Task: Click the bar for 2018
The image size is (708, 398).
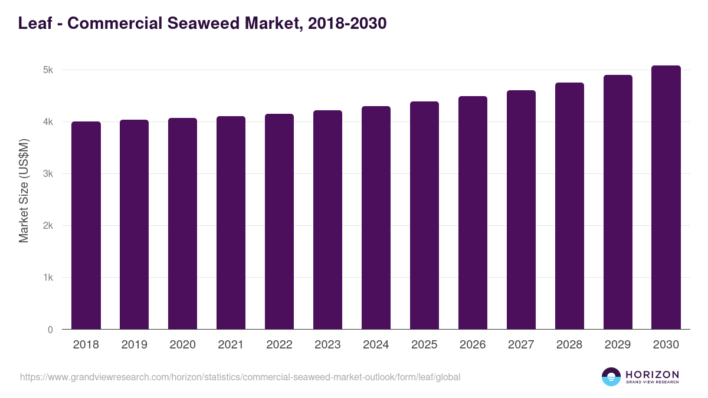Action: coord(86,225)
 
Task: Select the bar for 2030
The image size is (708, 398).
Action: coord(666,198)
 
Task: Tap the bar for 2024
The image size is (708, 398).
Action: coord(376,218)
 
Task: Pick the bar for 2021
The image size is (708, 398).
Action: coord(231,223)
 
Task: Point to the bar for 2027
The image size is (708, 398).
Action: coord(521,210)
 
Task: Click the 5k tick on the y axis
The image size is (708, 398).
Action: coord(48,70)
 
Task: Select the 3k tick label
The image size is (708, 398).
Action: coord(48,174)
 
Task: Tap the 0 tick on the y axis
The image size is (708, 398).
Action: coord(50,330)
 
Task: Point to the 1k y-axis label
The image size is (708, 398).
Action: coord(48,278)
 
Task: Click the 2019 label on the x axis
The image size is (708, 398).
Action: coord(135,345)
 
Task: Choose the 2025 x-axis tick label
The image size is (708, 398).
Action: coord(424,345)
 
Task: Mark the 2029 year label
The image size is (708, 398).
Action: coord(618,345)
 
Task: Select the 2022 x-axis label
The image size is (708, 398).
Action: coord(279,345)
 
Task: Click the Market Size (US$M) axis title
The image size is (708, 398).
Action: coord(24,190)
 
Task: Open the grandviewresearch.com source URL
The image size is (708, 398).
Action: coord(240,377)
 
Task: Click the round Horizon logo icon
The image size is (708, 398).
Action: coord(611,377)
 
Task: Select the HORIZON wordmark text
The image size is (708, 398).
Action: coord(652,374)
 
